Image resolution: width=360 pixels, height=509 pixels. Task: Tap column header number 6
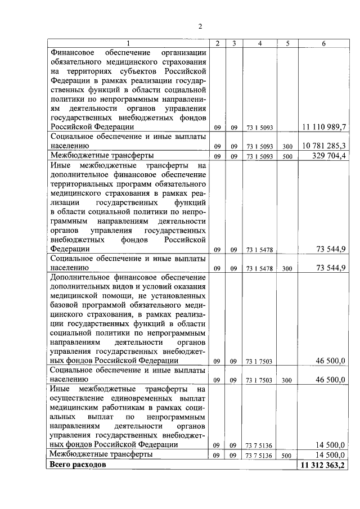point(323,43)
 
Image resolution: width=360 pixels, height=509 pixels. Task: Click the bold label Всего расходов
point(78,466)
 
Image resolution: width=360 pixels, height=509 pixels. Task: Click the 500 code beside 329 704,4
point(287,156)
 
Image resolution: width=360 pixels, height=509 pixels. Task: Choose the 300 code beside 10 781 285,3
point(287,146)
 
